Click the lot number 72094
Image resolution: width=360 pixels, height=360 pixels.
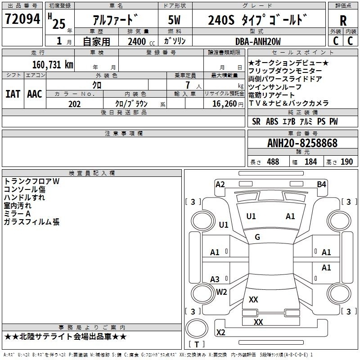click(x=22, y=19)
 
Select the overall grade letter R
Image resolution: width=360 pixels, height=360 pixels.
click(x=343, y=21)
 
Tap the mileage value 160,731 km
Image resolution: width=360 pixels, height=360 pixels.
click(x=53, y=64)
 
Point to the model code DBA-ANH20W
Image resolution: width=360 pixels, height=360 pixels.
click(x=258, y=41)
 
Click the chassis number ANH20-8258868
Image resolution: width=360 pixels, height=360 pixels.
click(x=302, y=143)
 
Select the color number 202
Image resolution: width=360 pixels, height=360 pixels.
click(x=74, y=104)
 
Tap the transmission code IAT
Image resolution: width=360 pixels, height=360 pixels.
click(x=13, y=94)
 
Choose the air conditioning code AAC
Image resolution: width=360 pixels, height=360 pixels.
click(x=35, y=94)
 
